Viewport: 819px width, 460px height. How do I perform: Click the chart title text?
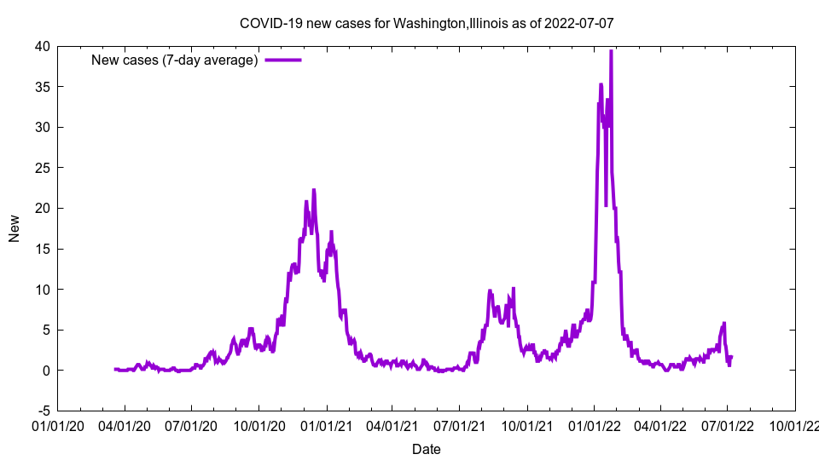pyautogui.click(x=426, y=23)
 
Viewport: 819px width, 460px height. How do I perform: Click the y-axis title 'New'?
pyautogui.click(x=15, y=228)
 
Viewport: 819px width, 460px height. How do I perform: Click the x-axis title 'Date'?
pyautogui.click(x=426, y=449)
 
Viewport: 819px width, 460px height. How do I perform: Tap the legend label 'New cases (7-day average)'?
pyautogui.click(x=175, y=60)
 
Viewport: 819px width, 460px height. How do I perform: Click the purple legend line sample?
pyautogui.click(x=283, y=60)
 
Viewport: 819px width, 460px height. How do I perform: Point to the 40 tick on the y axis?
pyautogui.click(x=42, y=46)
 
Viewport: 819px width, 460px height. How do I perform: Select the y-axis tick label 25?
pyautogui.click(x=42, y=168)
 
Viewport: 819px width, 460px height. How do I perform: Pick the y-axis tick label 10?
pyautogui.click(x=42, y=290)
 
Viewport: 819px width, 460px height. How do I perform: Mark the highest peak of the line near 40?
pyautogui.click(x=611, y=51)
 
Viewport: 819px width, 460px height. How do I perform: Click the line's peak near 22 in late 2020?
pyautogui.click(x=314, y=190)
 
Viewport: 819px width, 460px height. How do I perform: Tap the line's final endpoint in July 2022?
pyautogui.click(x=731, y=357)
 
